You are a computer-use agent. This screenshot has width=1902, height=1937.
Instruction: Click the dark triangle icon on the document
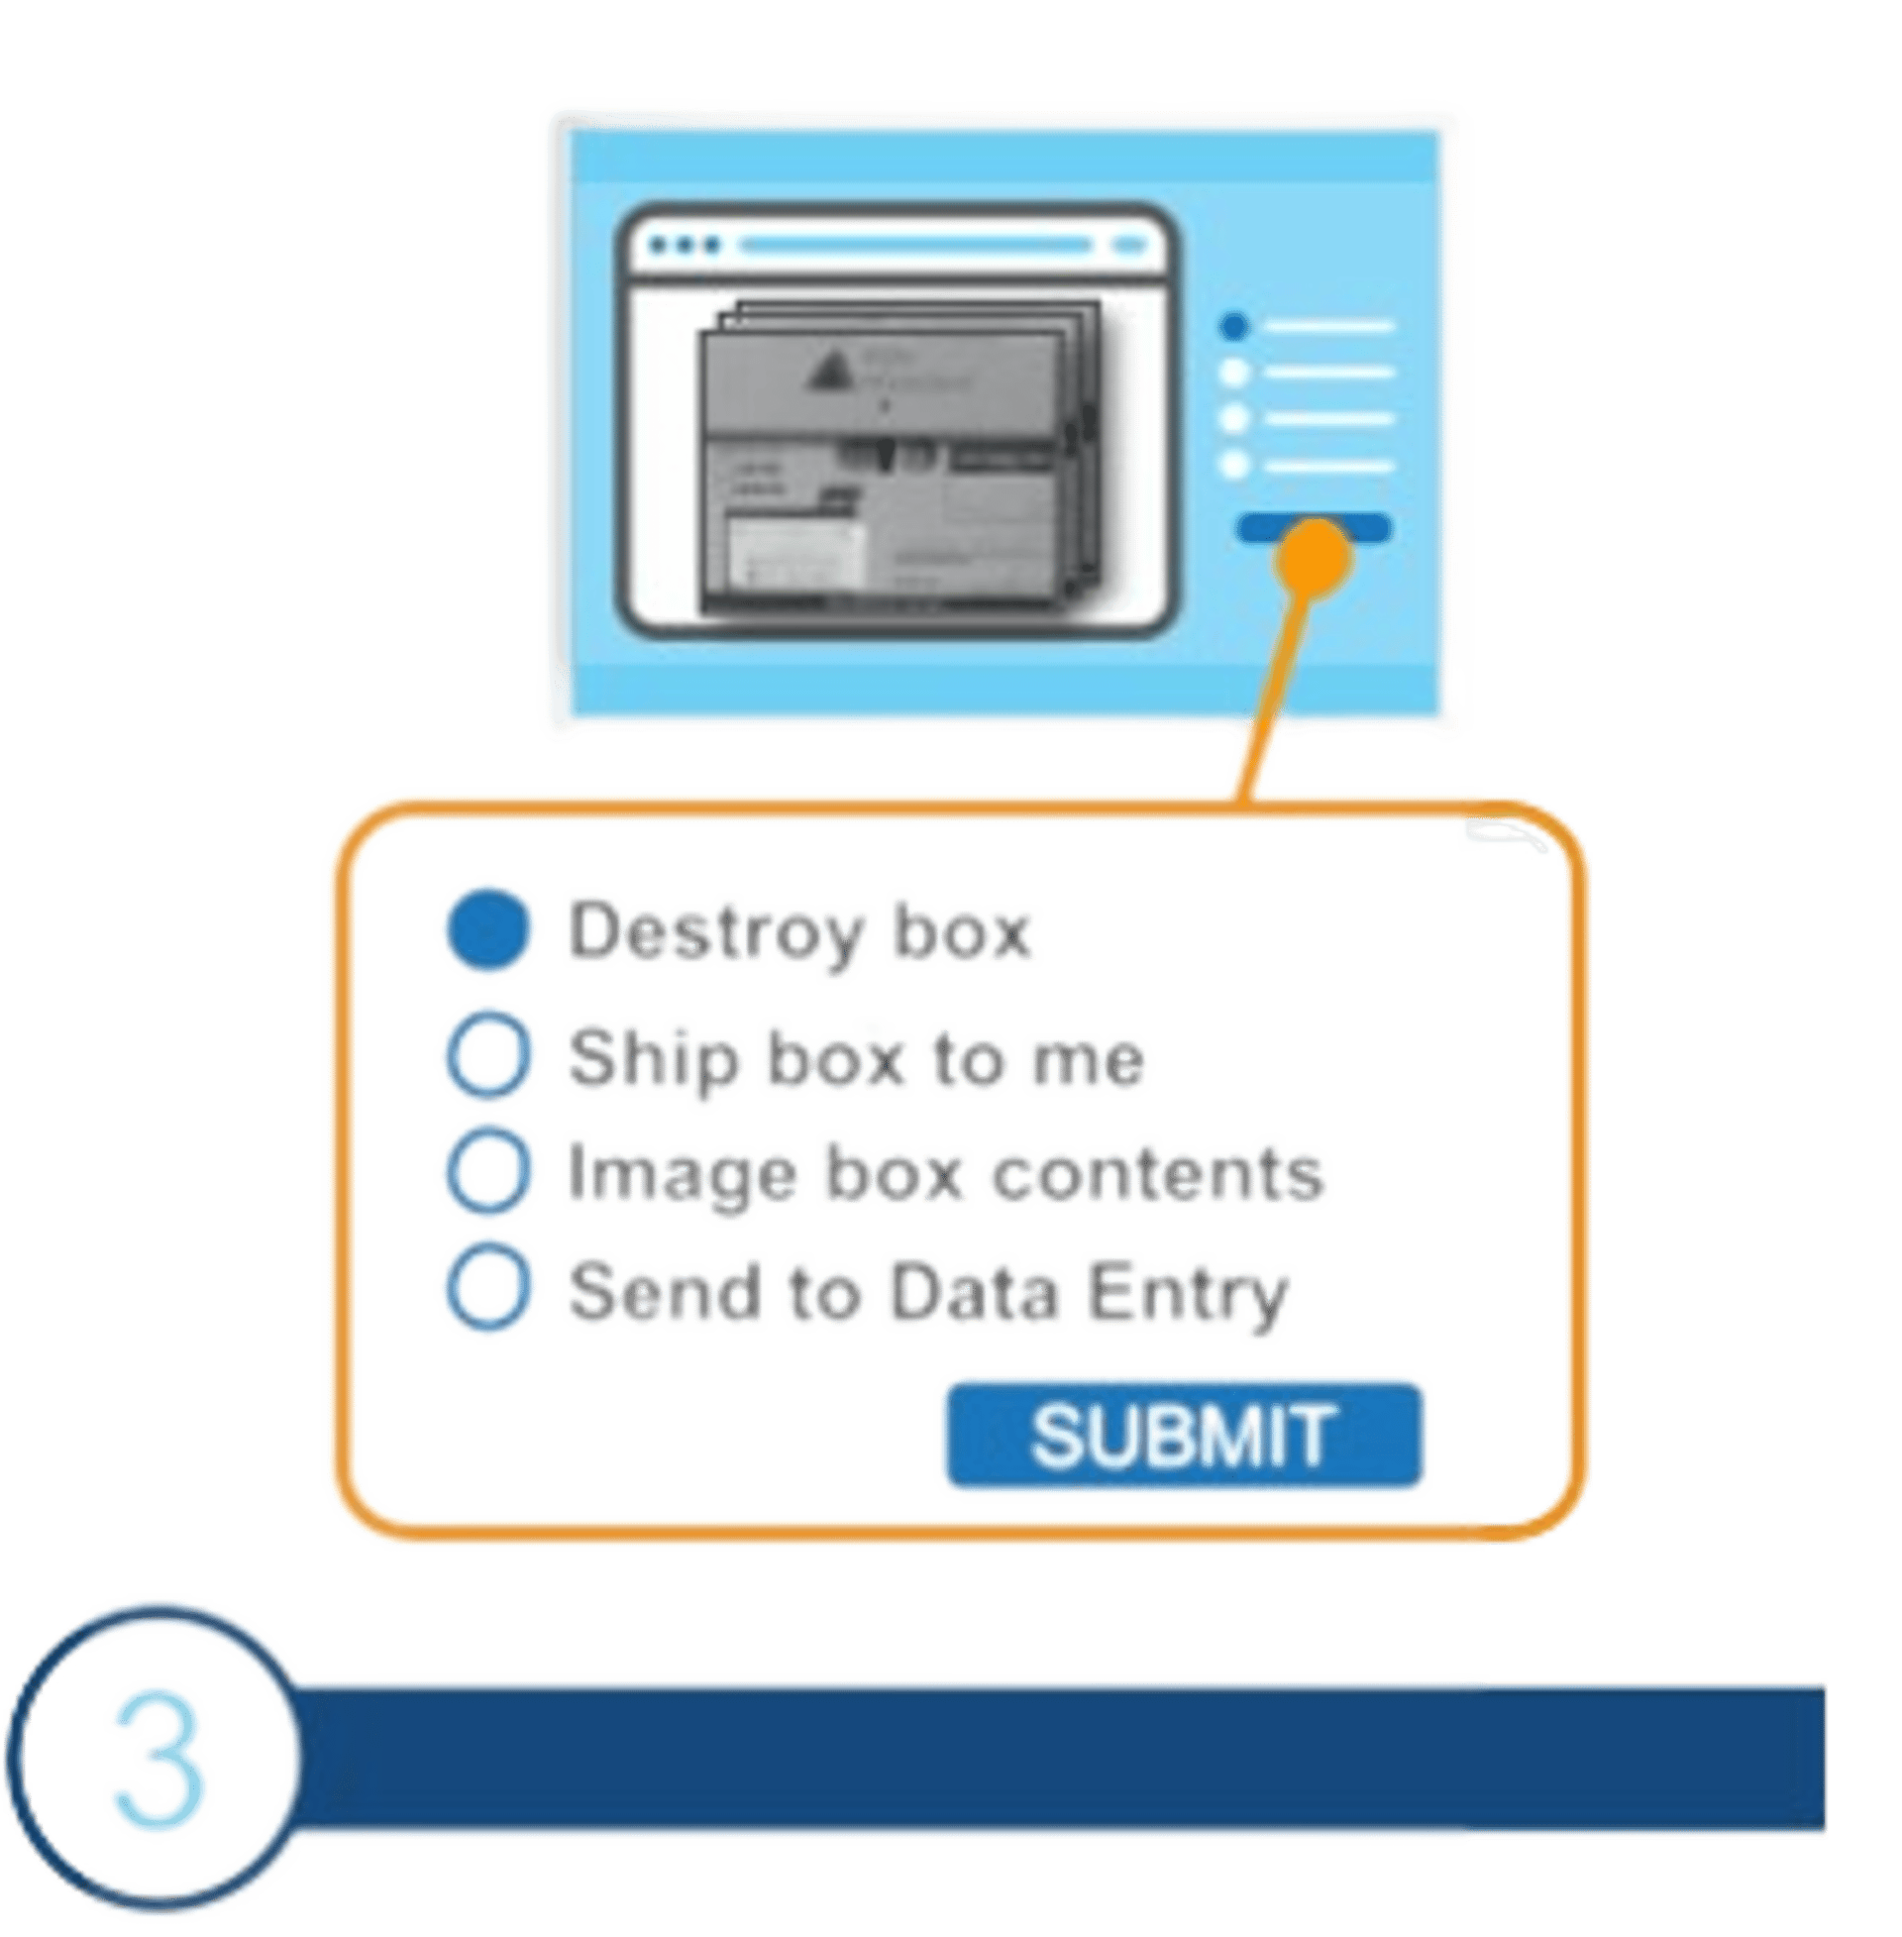(828, 373)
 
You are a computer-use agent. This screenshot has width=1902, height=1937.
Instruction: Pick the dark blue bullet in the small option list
(1234, 326)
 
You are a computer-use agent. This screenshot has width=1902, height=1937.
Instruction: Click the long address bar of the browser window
(914, 245)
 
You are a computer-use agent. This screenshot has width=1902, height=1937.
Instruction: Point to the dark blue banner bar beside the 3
(1059, 1759)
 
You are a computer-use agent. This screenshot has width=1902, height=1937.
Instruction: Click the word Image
(679, 1175)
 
